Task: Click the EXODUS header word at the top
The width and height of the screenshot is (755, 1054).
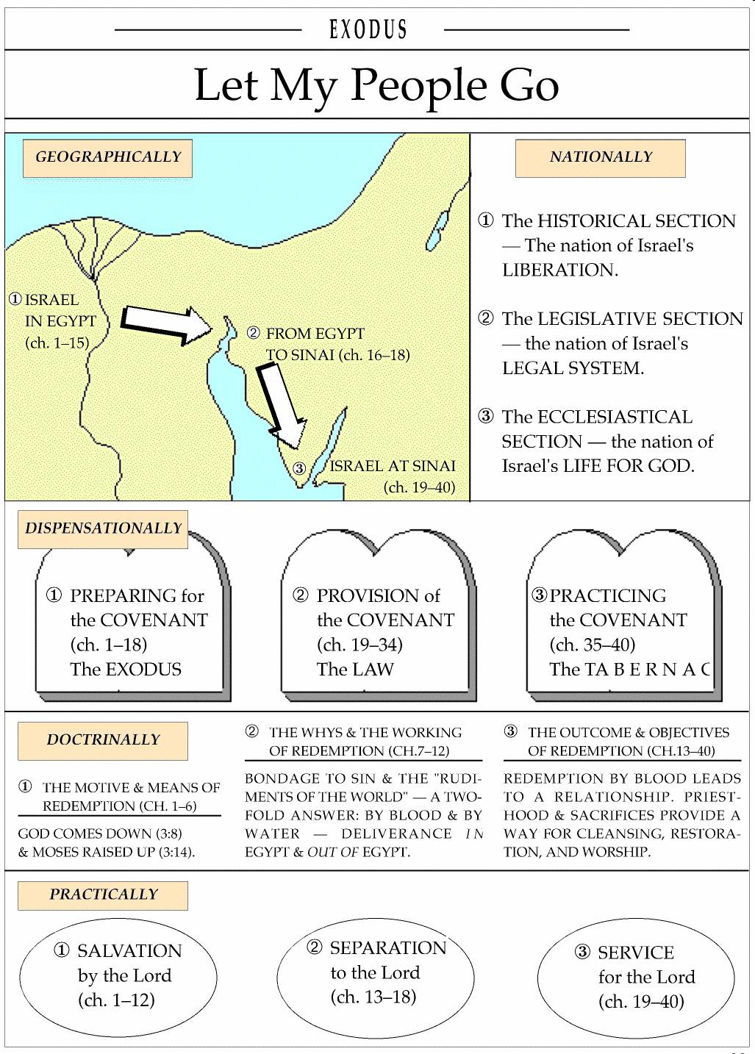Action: [368, 29]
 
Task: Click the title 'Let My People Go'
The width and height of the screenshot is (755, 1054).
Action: [376, 85]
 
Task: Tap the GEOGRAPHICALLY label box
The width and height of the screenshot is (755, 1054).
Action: [108, 157]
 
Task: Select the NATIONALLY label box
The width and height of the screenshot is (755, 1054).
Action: [600, 157]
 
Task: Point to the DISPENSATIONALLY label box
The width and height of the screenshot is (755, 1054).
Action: [103, 528]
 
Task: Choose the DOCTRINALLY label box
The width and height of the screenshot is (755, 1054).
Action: [103, 740]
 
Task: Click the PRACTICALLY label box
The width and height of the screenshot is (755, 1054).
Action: [103, 895]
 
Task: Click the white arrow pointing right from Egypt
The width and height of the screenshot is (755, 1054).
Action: [165, 323]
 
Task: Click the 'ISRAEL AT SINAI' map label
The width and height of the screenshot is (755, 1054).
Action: [393, 466]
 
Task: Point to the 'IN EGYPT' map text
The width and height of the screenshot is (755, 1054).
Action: [60, 321]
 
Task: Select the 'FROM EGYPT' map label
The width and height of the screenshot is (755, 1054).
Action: [315, 334]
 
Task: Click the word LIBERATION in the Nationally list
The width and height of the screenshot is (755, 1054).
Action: [560, 270]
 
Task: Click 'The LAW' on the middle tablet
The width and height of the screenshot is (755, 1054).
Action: [355, 670]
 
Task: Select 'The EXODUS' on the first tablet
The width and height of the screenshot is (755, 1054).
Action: [126, 670]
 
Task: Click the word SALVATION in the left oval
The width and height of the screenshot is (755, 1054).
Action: [129, 951]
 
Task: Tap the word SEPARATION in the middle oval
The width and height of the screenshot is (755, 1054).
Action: [388, 948]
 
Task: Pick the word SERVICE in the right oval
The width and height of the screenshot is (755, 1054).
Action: [636, 953]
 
